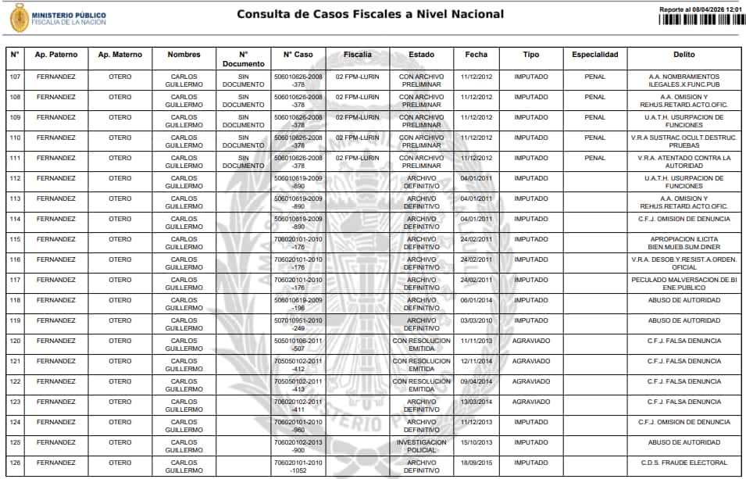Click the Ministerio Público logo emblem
tap(19, 17)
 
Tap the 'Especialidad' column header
tap(594, 55)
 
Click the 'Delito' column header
tap(684, 55)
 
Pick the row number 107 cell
tap(15, 77)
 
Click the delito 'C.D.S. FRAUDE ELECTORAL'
tap(684, 463)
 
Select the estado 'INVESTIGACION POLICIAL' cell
tap(422, 446)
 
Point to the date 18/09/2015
tap(477, 463)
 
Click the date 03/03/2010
tap(477, 320)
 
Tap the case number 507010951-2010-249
tap(298, 324)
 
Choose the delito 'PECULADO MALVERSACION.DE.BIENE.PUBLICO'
tap(684, 284)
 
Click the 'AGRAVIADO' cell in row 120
tap(531, 341)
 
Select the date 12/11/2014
tap(477, 361)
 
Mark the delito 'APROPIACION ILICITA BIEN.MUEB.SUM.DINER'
tap(684, 243)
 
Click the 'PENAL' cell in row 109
tap(594, 117)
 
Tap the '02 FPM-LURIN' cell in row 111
tap(357, 158)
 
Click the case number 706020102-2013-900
tap(298, 446)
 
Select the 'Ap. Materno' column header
tap(120, 55)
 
